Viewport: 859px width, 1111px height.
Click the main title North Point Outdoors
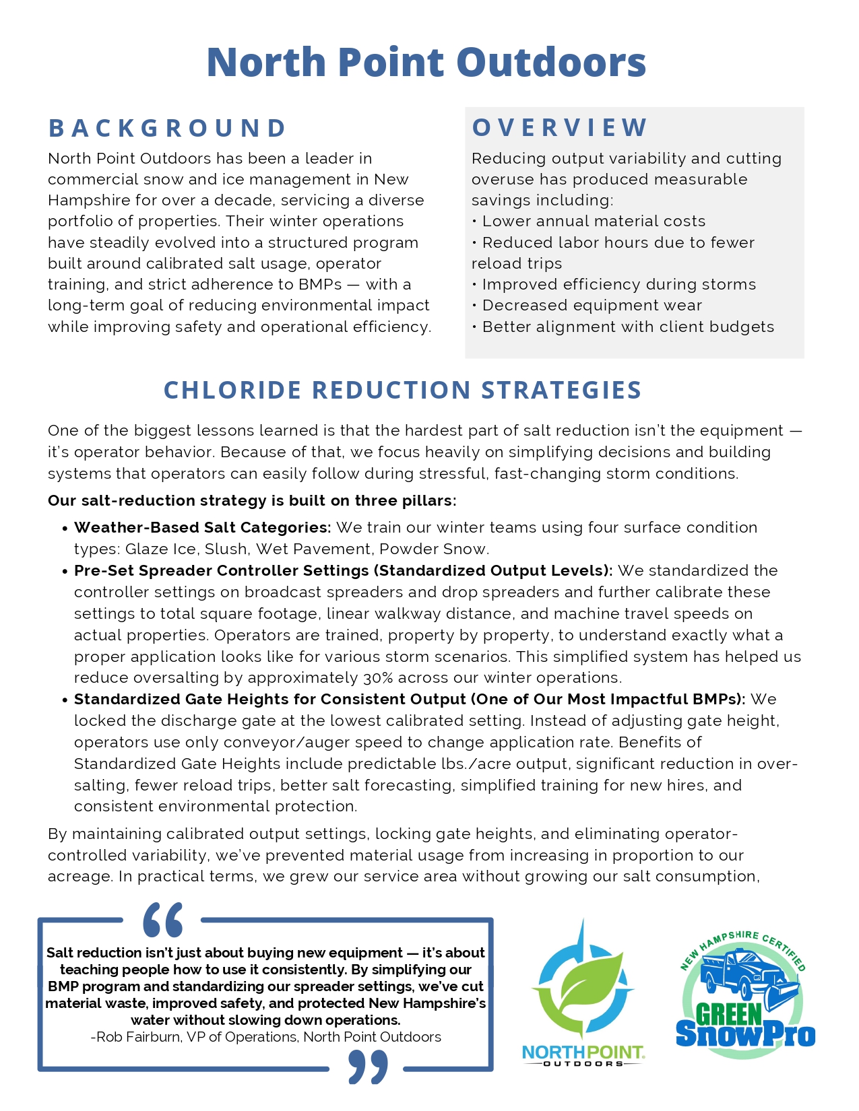coord(426,62)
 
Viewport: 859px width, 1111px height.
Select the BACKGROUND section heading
coord(168,128)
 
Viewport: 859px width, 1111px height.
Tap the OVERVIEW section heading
coord(560,127)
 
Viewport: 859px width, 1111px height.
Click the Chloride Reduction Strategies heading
coord(402,391)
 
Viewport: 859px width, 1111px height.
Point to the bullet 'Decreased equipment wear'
coord(592,306)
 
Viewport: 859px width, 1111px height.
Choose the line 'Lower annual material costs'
coord(594,222)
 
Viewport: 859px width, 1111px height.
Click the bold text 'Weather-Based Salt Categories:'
coord(202,528)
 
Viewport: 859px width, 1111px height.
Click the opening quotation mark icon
coord(162,920)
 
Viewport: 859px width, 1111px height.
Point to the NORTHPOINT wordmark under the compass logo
coord(583,1052)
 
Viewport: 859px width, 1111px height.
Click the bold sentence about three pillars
coord(252,501)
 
